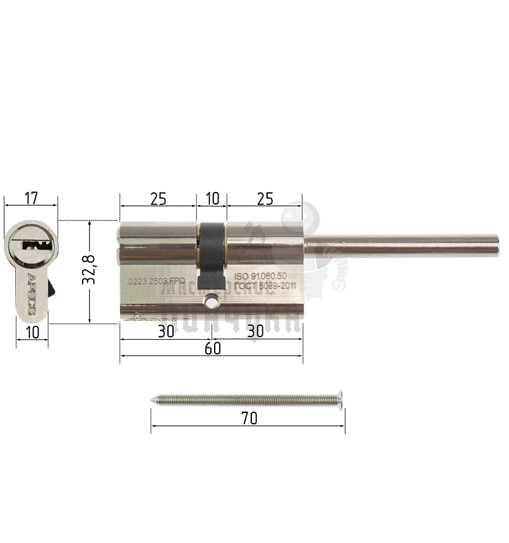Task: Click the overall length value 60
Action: point(213,349)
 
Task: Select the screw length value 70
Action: point(249,419)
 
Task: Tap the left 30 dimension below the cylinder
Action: point(165,331)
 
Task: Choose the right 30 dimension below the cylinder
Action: point(255,331)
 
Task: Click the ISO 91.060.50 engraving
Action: point(261,276)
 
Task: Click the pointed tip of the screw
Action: point(154,399)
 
